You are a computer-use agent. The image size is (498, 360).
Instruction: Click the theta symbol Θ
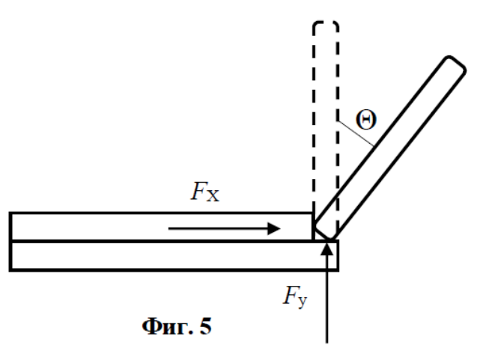point(366,120)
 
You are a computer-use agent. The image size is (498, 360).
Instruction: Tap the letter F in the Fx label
point(198,191)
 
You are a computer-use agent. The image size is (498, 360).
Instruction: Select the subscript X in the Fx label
point(213,195)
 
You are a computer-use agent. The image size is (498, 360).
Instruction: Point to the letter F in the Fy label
point(291,295)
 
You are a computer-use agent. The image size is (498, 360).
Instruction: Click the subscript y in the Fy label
point(303,302)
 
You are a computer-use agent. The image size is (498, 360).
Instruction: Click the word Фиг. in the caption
point(168,326)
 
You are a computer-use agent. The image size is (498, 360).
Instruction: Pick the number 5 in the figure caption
point(206,326)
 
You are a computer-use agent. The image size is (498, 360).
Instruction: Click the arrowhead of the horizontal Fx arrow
point(274,228)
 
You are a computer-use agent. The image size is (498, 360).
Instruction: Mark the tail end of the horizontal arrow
point(168,228)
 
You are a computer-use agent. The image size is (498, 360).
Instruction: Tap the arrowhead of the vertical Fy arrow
point(327,248)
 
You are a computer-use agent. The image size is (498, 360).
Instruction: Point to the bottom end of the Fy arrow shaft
point(327,343)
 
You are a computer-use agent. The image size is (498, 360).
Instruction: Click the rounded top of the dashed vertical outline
point(326,23)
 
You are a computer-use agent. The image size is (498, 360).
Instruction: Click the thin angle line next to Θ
point(356,134)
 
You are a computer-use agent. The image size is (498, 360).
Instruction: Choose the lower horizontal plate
point(174,256)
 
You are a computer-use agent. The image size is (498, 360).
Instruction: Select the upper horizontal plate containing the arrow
point(161,227)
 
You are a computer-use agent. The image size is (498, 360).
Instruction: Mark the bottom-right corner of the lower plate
point(338,271)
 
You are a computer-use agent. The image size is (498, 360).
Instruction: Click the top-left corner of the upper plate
point(10,213)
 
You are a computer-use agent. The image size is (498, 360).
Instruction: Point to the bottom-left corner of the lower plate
point(10,271)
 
